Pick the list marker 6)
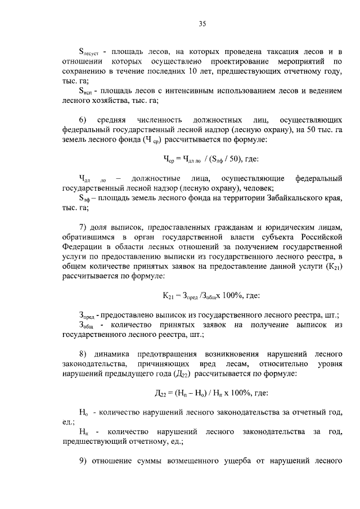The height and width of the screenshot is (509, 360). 83,120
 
